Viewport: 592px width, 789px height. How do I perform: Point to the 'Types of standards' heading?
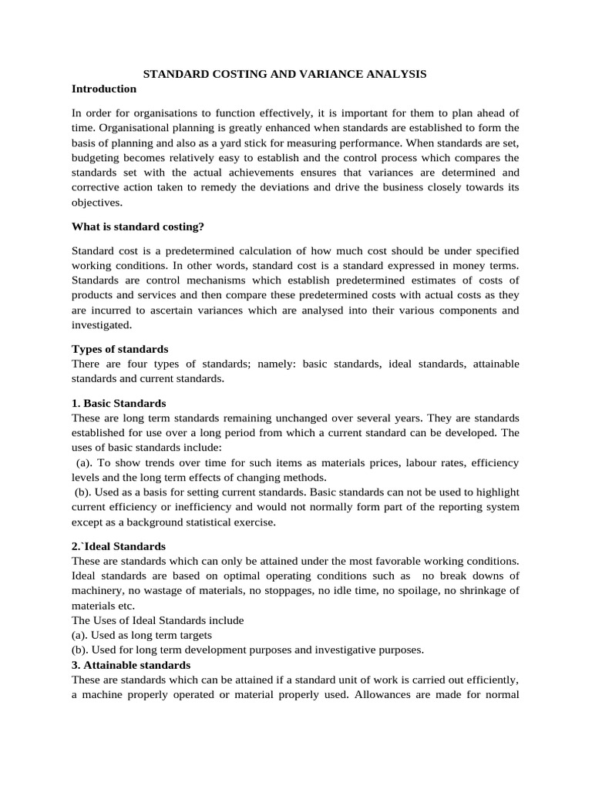click(x=119, y=349)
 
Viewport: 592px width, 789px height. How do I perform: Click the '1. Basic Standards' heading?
click(x=119, y=403)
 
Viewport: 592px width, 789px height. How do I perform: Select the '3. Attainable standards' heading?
click(x=131, y=664)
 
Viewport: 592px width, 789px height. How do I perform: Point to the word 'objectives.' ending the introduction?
click(x=96, y=203)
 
